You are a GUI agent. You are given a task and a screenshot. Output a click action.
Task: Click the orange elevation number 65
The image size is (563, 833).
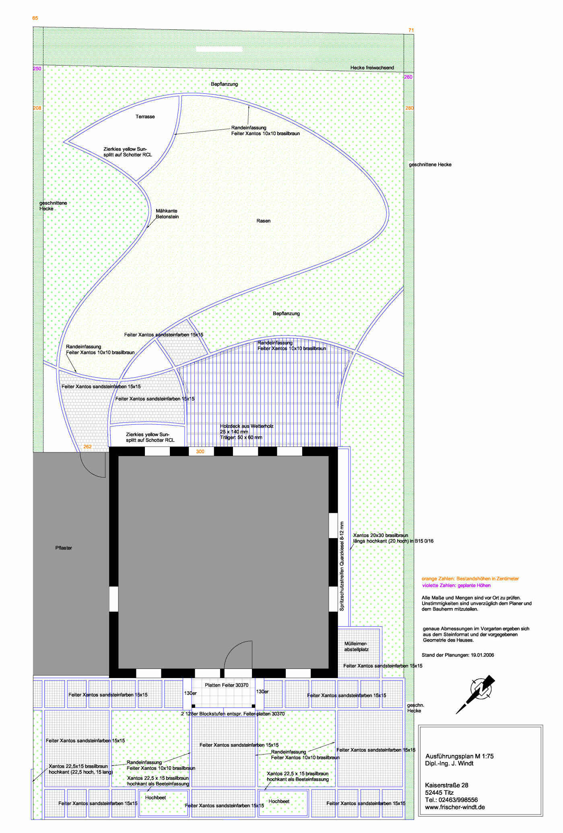pos(35,18)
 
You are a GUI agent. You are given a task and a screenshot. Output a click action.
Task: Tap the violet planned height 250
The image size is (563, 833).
pos(37,69)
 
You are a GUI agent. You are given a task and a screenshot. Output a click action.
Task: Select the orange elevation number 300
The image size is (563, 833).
pos(200,452)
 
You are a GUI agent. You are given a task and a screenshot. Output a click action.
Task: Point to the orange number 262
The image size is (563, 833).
pos(87,447)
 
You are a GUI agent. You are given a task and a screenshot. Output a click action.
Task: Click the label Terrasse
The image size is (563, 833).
pos(145,117)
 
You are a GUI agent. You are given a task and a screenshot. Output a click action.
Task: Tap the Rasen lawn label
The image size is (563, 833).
pos(264,221)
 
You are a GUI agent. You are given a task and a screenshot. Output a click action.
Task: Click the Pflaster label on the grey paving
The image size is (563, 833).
pos(64,548)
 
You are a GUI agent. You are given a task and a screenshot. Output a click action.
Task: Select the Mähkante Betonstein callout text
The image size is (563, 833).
pos(167,214)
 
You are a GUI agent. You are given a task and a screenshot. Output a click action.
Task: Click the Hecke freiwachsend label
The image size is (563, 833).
pos(372,68)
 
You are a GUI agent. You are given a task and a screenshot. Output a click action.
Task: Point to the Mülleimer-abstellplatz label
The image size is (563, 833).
pos(356,647)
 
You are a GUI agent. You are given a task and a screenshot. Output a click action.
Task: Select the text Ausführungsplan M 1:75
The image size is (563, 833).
pos(459,756)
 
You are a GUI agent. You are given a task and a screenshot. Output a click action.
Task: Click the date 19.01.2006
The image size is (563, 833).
pos(482,655)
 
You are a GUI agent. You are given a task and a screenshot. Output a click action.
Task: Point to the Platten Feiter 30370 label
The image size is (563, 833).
pos(227,685)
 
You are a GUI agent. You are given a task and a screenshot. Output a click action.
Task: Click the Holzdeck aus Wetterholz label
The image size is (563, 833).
pos(247,426)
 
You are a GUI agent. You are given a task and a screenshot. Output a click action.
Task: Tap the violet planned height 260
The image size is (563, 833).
pos(408,77)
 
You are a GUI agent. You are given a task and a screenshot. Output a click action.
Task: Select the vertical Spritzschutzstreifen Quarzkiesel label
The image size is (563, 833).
pos(342,566)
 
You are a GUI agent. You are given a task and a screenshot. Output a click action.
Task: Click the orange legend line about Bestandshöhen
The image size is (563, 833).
pos(470,579)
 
